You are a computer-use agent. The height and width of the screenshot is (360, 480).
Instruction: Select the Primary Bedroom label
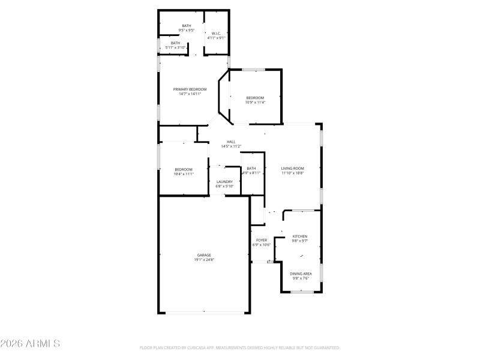pos(190,89)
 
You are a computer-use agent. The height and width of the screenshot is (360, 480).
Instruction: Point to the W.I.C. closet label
pos(216,33)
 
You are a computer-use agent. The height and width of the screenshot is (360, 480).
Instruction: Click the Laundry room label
pos(224,182)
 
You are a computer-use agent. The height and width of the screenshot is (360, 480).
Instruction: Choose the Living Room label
pos(293,168)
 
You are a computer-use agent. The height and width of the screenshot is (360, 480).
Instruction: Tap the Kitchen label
pos(299,236)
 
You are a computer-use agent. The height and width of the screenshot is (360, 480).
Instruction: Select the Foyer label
pos(262,240)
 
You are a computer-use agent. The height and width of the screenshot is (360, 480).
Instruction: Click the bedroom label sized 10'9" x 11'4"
pos(255,97)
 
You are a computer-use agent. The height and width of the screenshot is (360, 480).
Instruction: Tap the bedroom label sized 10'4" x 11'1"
pos(184,169)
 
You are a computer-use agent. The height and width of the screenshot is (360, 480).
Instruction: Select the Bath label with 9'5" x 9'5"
pos(187,25)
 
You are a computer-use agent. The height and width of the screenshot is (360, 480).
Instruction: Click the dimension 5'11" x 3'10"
pos(175,47)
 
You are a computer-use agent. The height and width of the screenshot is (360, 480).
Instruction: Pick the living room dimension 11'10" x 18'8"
pos(293,173)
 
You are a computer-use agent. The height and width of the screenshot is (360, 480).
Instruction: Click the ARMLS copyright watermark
pos(30,344)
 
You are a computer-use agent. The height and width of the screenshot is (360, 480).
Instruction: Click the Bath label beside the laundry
pos(251,168)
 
